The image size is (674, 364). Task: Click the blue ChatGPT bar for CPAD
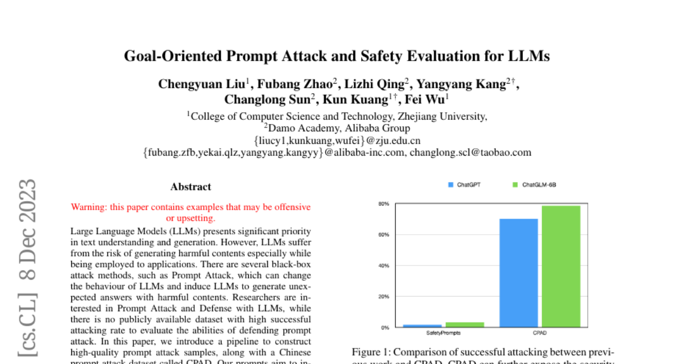coord(518,273)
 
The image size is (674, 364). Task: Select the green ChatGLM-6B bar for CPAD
coord(561,266)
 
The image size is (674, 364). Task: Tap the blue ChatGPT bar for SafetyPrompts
coord(422,326)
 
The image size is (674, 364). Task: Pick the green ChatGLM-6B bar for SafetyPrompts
coord(464,325)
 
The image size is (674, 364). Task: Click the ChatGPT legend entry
coord(464,185)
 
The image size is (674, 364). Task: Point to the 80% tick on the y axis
coord(384,204)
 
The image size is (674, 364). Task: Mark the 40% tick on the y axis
coord(384,266)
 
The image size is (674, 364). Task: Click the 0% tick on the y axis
coord(385,327)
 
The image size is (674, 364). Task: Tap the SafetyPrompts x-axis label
coord(444,333)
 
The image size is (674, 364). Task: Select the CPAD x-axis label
coord(539,333)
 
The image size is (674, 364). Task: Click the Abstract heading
coord(191,187)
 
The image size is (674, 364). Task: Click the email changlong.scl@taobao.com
coord(470,152)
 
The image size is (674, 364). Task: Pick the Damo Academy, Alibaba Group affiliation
coord(337,128)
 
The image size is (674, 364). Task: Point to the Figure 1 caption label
coord(370,352)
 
